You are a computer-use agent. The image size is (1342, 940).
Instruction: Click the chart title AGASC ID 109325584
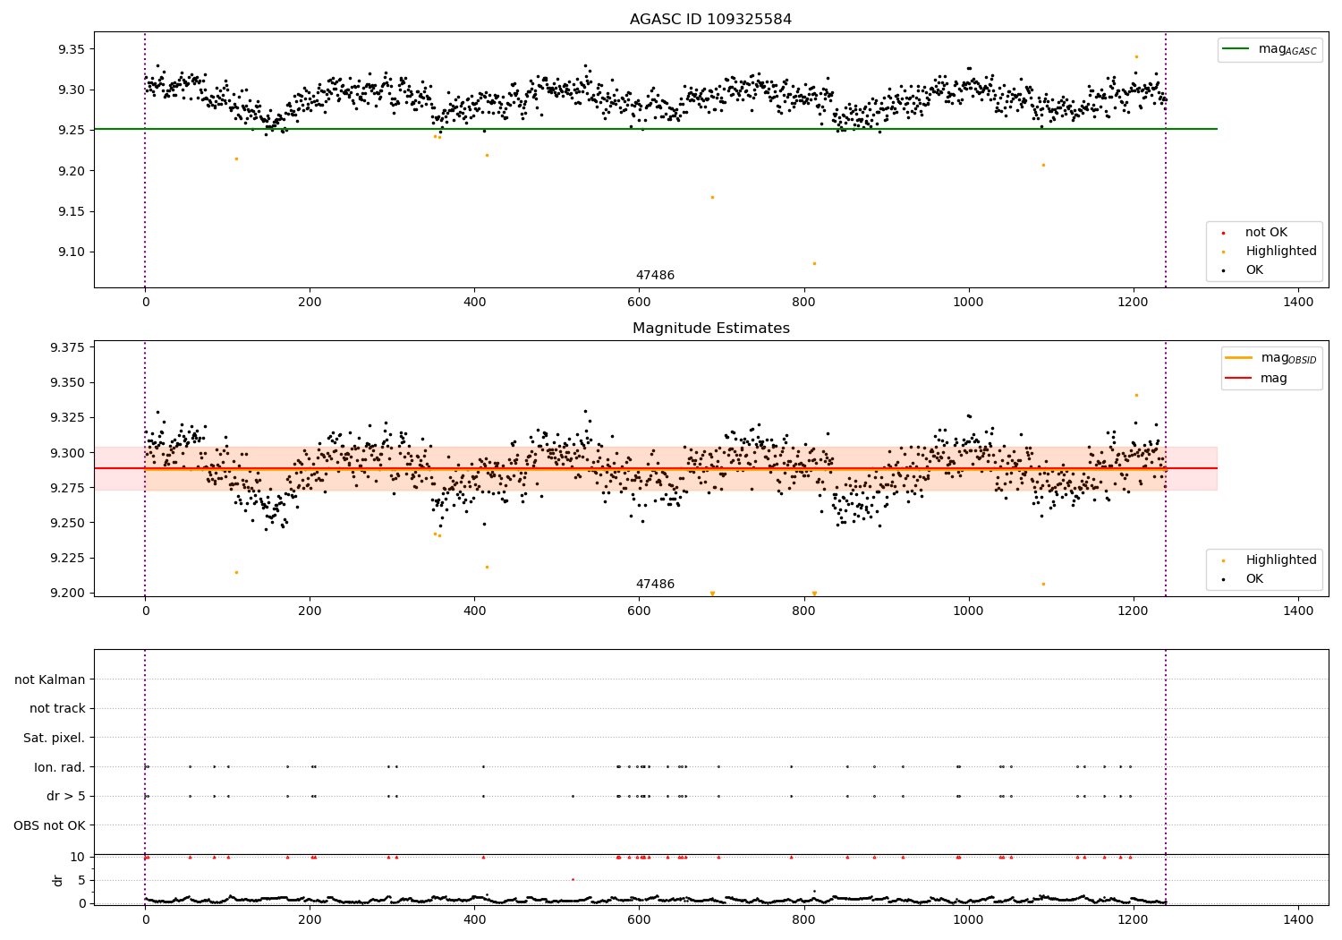(x=710, y=20)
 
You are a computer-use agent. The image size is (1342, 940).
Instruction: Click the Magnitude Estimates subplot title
(x=710, y=329)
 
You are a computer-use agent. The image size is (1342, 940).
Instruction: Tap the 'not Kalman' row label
(x=50, y=679)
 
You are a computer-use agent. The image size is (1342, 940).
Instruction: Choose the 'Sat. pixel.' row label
(x=55, y=738)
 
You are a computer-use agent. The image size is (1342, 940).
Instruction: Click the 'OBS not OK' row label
(x=49, y=825)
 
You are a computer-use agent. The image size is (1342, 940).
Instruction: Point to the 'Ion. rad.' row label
(x=60, y=767)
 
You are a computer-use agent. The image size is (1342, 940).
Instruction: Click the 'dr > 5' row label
(x=66, y=796)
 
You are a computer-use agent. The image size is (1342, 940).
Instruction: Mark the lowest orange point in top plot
(x=814, y=263)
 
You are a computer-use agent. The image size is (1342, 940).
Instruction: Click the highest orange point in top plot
(x=1136, y=56)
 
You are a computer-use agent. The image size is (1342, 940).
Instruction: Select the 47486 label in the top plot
(x=655, y=276)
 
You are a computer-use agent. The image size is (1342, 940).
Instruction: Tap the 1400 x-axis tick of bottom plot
(x=1298, y=916)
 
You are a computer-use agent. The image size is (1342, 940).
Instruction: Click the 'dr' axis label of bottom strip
(x=58, y=880)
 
